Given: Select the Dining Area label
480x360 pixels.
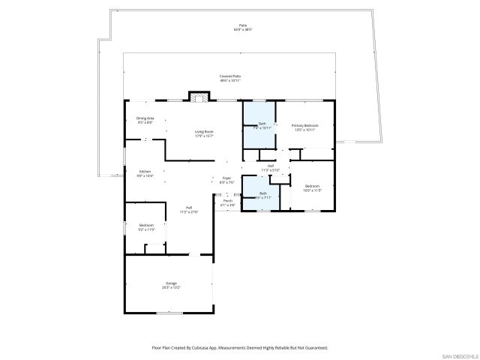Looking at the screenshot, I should pyautogui.click(x=145, y=118).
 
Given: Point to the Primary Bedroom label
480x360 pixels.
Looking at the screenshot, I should pyautogui.click(x=304, y=125).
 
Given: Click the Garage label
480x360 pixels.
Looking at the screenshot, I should pyautogui.click(x=171, y=283).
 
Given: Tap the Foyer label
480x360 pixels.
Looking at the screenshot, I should pyautogui.click(x=227, y=178).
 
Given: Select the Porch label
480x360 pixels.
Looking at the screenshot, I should pyautogui.click(x=227, y=201).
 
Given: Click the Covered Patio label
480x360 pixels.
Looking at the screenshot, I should pyautogui.click(x=229, y=76).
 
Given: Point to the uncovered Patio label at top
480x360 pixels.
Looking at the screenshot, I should pyautogui.click(x=241, y=26).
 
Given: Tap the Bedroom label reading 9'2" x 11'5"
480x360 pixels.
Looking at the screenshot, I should pyautogui.click(x=146, y=225).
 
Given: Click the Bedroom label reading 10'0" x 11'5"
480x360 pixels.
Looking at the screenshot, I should pyautogui.click(x=311, y=186).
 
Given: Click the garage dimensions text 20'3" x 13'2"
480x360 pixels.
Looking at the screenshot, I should pyautogui.click(x=171, y=287).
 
